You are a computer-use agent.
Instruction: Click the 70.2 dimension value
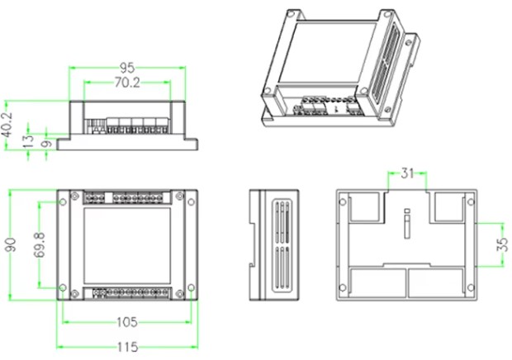click(x=127, y=83)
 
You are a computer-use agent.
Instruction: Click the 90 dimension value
click(x=11, y=246)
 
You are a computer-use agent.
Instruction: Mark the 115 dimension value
click(x=126, y=346)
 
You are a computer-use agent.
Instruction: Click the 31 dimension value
click(x=407, y=173)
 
